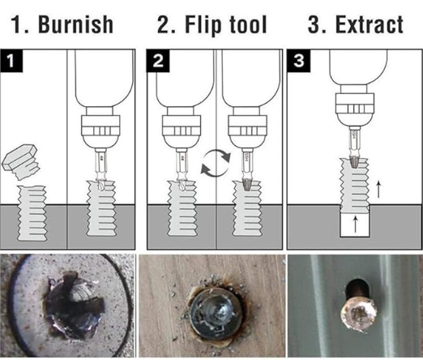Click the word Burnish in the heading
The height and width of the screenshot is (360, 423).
75,24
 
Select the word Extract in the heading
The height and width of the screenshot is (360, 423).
370,24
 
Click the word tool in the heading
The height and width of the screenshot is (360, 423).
247,24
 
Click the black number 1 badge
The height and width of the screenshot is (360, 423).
11,61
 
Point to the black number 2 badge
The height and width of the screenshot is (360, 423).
158,61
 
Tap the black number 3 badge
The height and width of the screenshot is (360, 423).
299,61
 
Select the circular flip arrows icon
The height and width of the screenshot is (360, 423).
216,163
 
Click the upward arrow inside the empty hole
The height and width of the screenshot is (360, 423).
356,224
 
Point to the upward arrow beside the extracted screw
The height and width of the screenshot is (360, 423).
378,189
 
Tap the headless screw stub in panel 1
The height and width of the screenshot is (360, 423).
32,213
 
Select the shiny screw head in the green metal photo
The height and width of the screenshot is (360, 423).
357,314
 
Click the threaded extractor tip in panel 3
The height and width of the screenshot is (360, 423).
354,161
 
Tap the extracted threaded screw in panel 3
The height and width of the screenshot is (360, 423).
355,185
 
